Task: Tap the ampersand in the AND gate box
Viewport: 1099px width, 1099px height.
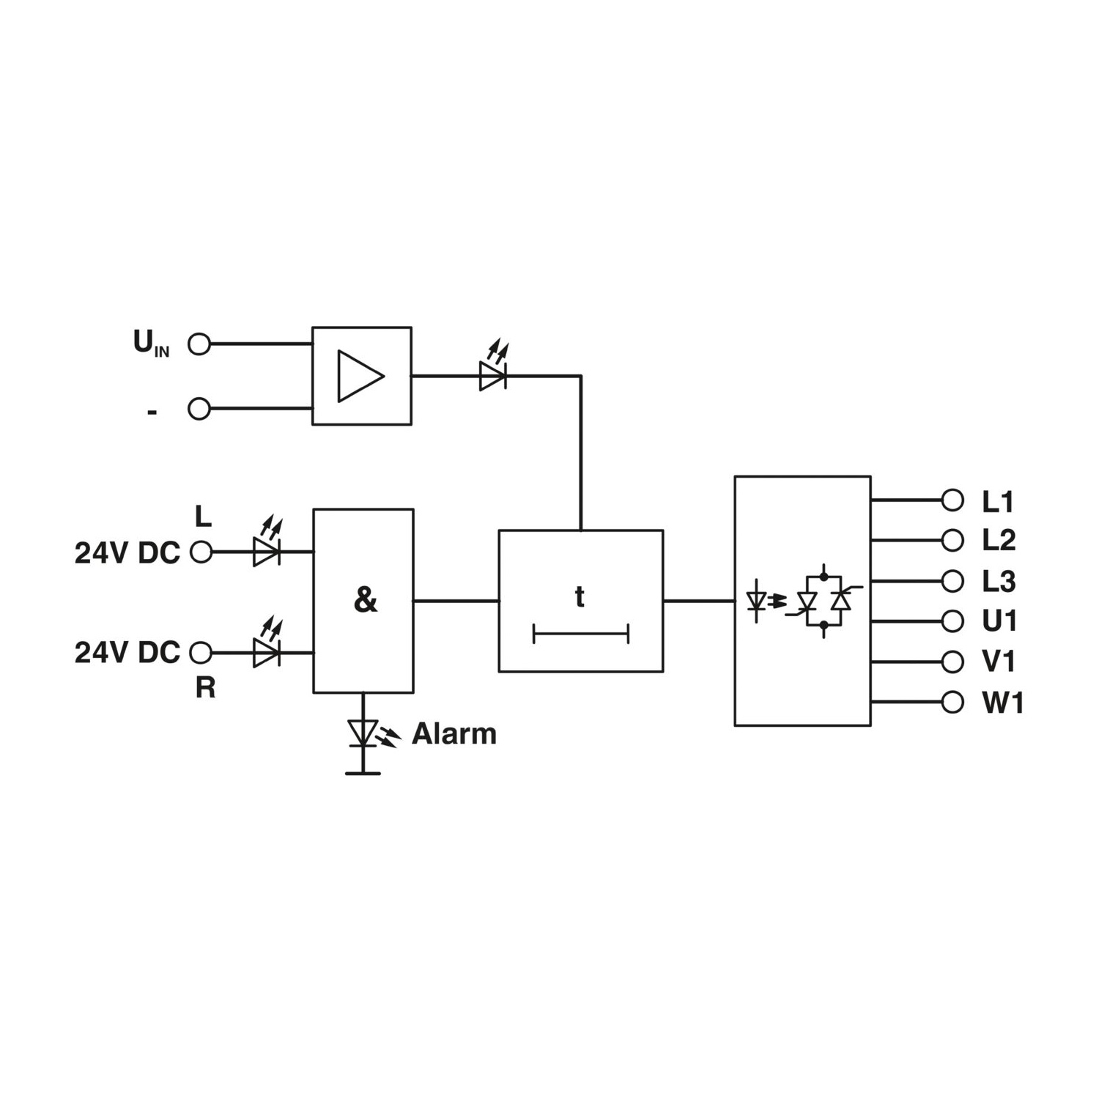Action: pos(365,600)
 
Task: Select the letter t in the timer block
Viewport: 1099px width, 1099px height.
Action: pos(580,597)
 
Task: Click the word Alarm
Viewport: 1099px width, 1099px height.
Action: pos(454,733)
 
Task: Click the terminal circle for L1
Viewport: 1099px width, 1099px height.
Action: pos(952,500)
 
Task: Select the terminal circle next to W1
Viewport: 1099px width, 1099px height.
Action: pos(952,702)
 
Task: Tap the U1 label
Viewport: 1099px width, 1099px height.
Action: pos(999,621)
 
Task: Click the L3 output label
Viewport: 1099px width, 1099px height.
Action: pos(999,582)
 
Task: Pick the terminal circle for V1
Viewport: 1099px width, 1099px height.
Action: pos(952,662)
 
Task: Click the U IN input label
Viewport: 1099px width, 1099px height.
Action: pos(151,343)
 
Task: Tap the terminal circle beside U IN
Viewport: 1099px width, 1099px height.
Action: pos(199,344)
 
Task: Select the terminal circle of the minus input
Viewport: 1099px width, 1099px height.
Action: pos(199,409)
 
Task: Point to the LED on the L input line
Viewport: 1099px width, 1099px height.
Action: pos(267,543)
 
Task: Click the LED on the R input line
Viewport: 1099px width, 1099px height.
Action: pos(267,643)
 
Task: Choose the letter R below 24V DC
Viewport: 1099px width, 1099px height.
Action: pos(205,688)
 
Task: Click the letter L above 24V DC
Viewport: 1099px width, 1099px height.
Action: pos(203,517)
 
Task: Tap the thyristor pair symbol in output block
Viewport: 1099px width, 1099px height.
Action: pos(824,601)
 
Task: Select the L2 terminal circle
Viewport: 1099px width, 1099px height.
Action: pos(952,541)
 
